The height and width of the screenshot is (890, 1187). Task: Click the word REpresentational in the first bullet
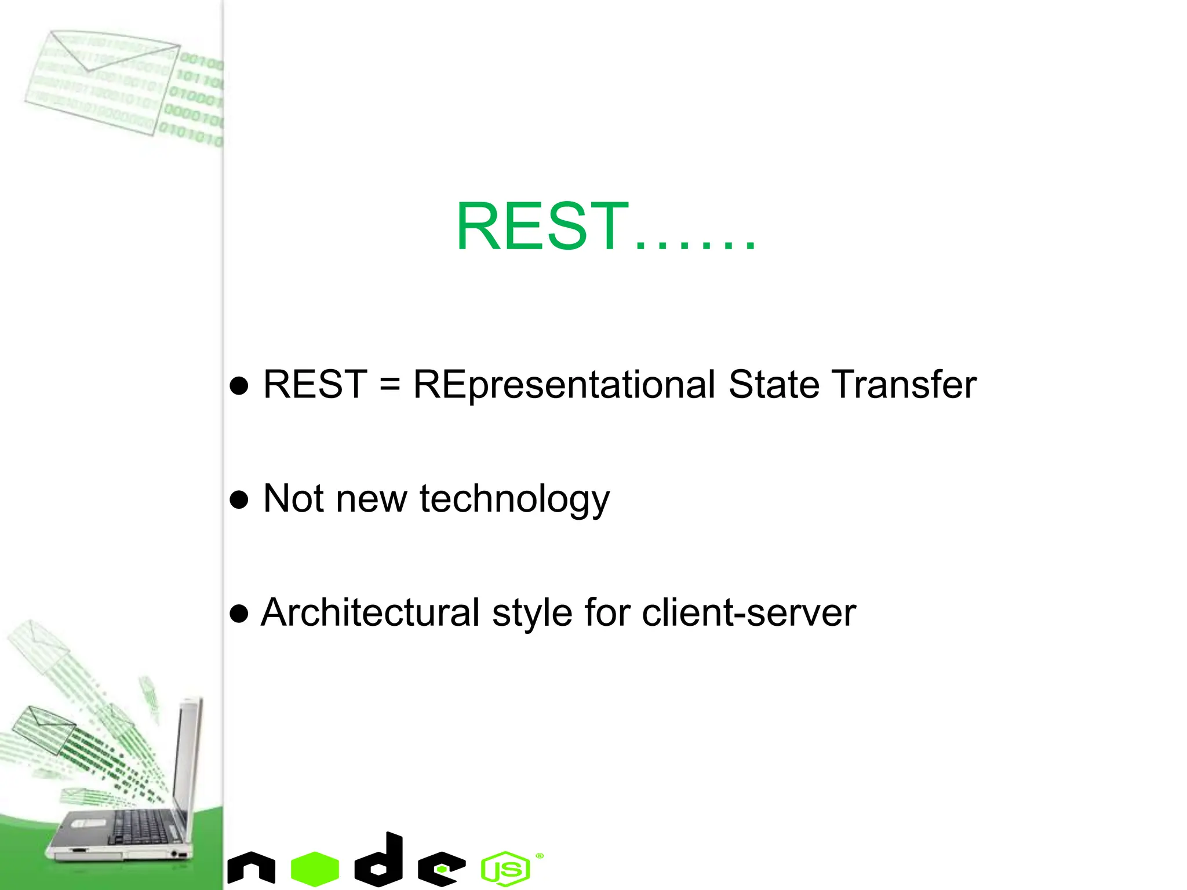[x=563, y=385]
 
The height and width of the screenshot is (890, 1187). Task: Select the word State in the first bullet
[x=773, y=385]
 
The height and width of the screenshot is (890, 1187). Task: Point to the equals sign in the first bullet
[x=389, y=385]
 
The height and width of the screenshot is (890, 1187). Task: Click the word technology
[x=514, y=499]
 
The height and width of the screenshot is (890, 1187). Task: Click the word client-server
[x=749, y=613]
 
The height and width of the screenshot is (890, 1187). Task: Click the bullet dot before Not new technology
[x=239, y=499]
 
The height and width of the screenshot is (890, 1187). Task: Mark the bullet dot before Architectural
[x=239, y=614]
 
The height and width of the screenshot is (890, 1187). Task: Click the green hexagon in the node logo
[x=315, y=869]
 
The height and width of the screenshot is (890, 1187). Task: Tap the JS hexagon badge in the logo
[x=505, y=869]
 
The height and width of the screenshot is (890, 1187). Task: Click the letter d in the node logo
[x=380, y=860]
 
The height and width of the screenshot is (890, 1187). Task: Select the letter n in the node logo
[x=251, y=869]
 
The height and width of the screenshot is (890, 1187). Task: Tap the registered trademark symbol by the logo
[x=540, y=856]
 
